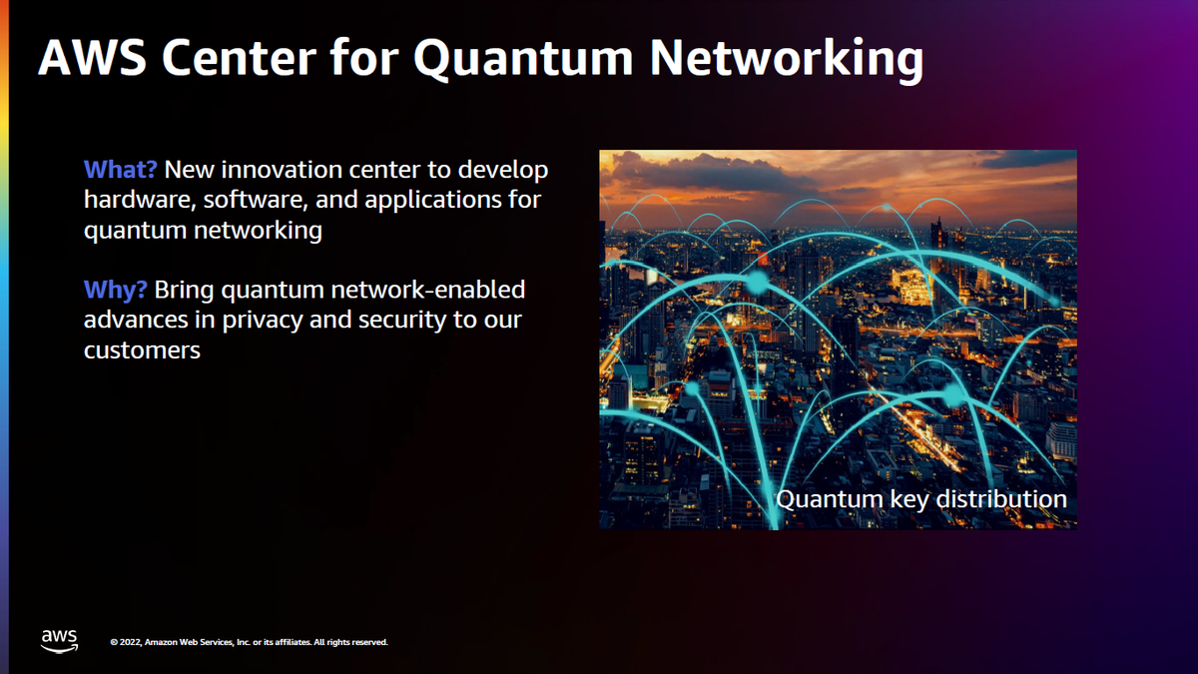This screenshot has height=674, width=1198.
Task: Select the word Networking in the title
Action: (x=787, y=59)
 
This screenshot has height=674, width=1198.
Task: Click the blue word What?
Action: (x=121, y=169)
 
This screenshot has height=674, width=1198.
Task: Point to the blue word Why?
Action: (x=116, y=291)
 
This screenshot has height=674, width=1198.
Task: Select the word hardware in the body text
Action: (x=139, y=200)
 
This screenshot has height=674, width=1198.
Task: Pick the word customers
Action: (x=142, y=351)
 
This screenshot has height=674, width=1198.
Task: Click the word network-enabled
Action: (x=435, y=291)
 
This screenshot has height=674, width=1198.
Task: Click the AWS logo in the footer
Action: (x=59, y=640)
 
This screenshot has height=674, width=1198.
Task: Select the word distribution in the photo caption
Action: (x=1004, y=498)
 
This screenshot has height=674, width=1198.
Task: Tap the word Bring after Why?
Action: (x=185, y=291)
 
